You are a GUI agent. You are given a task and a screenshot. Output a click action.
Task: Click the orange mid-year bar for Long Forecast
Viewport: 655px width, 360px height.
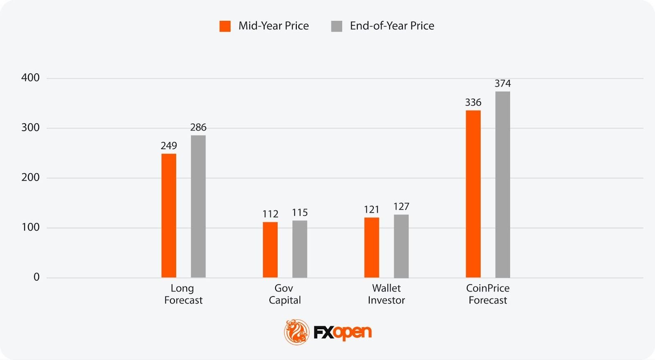169,215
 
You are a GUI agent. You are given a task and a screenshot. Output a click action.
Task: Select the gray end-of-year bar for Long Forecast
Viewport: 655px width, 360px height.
198,206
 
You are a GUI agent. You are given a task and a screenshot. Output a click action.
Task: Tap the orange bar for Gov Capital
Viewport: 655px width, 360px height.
270,250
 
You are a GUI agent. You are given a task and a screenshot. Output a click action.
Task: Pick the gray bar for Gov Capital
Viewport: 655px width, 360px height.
300,249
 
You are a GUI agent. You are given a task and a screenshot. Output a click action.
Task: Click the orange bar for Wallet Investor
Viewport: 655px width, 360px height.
372,247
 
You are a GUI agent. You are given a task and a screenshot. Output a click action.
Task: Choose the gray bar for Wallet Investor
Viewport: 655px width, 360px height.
401,246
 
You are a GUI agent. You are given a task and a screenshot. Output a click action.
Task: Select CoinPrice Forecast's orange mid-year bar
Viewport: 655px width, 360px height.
473,194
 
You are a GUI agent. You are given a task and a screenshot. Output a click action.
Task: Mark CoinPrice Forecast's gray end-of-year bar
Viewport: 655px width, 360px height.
503,184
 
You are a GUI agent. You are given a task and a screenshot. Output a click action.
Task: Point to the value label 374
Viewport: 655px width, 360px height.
503,84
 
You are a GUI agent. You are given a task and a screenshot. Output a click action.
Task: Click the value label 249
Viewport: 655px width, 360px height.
169,146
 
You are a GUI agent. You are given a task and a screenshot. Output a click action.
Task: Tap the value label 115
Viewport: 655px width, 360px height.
300,213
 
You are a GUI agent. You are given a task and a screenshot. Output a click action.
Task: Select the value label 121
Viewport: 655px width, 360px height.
372,210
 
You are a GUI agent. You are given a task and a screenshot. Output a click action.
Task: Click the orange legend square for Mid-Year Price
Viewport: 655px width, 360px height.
225,26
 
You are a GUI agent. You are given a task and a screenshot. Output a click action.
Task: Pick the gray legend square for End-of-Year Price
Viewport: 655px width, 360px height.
337,26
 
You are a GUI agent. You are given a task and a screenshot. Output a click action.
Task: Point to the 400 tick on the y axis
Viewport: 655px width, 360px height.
31,78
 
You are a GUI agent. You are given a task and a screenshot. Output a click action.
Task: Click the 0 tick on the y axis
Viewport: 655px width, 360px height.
36,277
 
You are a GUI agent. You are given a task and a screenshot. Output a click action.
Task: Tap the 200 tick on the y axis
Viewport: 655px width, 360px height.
31,177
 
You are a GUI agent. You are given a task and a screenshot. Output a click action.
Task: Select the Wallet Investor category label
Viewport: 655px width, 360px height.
386,294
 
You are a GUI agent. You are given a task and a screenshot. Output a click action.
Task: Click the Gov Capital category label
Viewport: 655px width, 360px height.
285,294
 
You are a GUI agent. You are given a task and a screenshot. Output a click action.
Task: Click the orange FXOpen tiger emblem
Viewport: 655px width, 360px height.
297,332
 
